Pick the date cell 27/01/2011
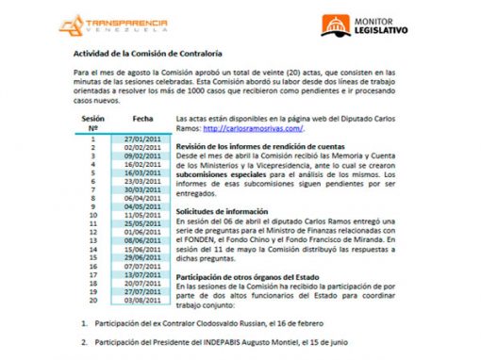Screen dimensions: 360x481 (144, 139)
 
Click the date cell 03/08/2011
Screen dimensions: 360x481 (144, 300)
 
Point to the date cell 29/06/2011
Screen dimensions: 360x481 (144, 257)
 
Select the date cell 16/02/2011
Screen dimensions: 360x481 (144, 164)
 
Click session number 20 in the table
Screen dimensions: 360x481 (92, 300)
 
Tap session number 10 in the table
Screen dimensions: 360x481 (92, 215)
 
